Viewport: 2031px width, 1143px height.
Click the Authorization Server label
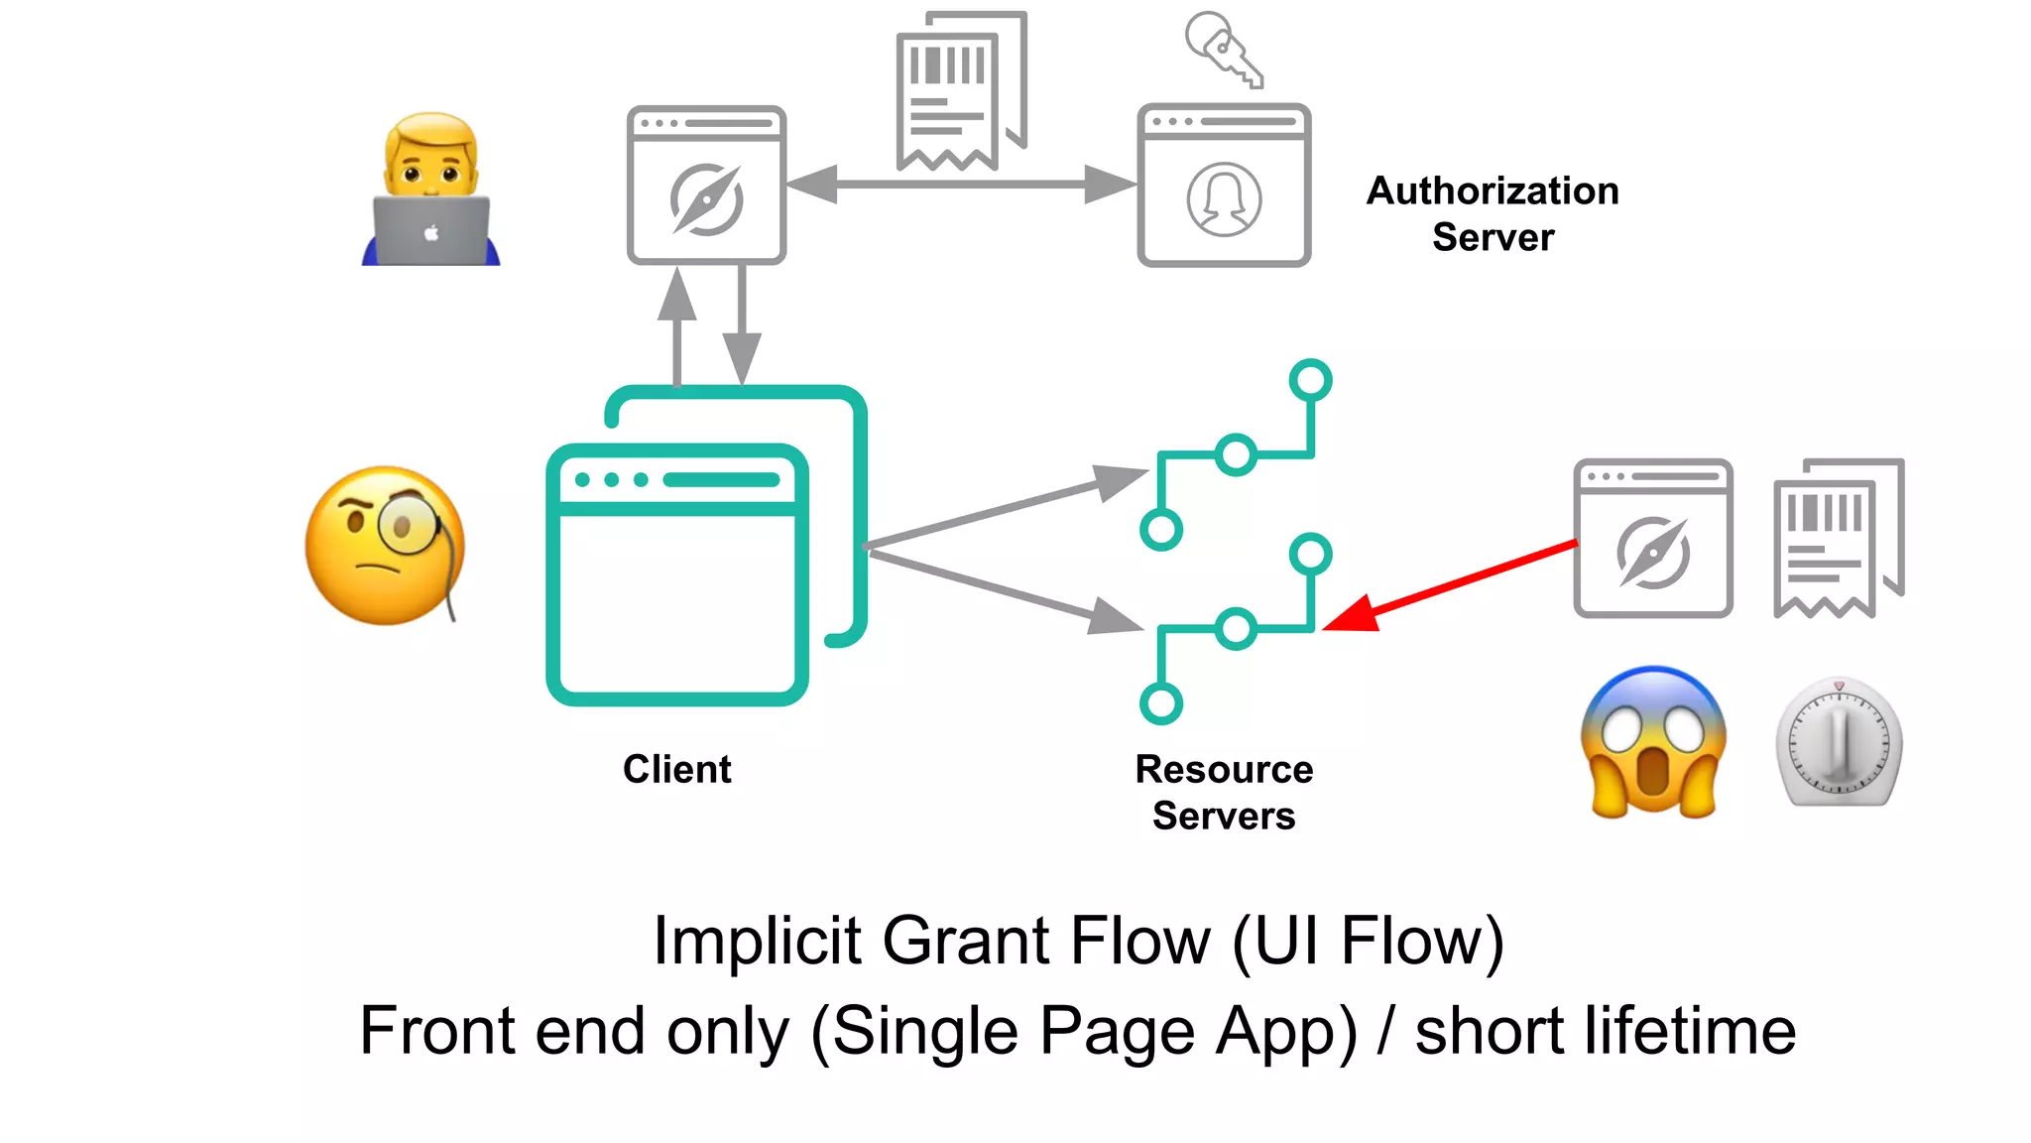(1493, 213)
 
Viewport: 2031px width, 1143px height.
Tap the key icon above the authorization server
(1224, 49)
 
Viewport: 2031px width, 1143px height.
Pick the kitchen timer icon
(1839, 743)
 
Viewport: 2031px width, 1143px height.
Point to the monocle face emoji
(385, 546)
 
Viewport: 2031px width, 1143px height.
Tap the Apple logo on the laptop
(431, 233)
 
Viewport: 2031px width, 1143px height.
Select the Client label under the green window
(676, 769)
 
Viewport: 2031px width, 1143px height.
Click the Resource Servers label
(1224, 792)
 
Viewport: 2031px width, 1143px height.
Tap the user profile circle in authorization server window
(1224, 199)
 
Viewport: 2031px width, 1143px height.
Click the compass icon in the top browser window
(706, 199)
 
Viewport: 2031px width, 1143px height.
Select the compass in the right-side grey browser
(1652, 553)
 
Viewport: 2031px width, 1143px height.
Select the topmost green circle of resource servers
(1310, 379)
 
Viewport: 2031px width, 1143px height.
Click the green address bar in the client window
(721, 480)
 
